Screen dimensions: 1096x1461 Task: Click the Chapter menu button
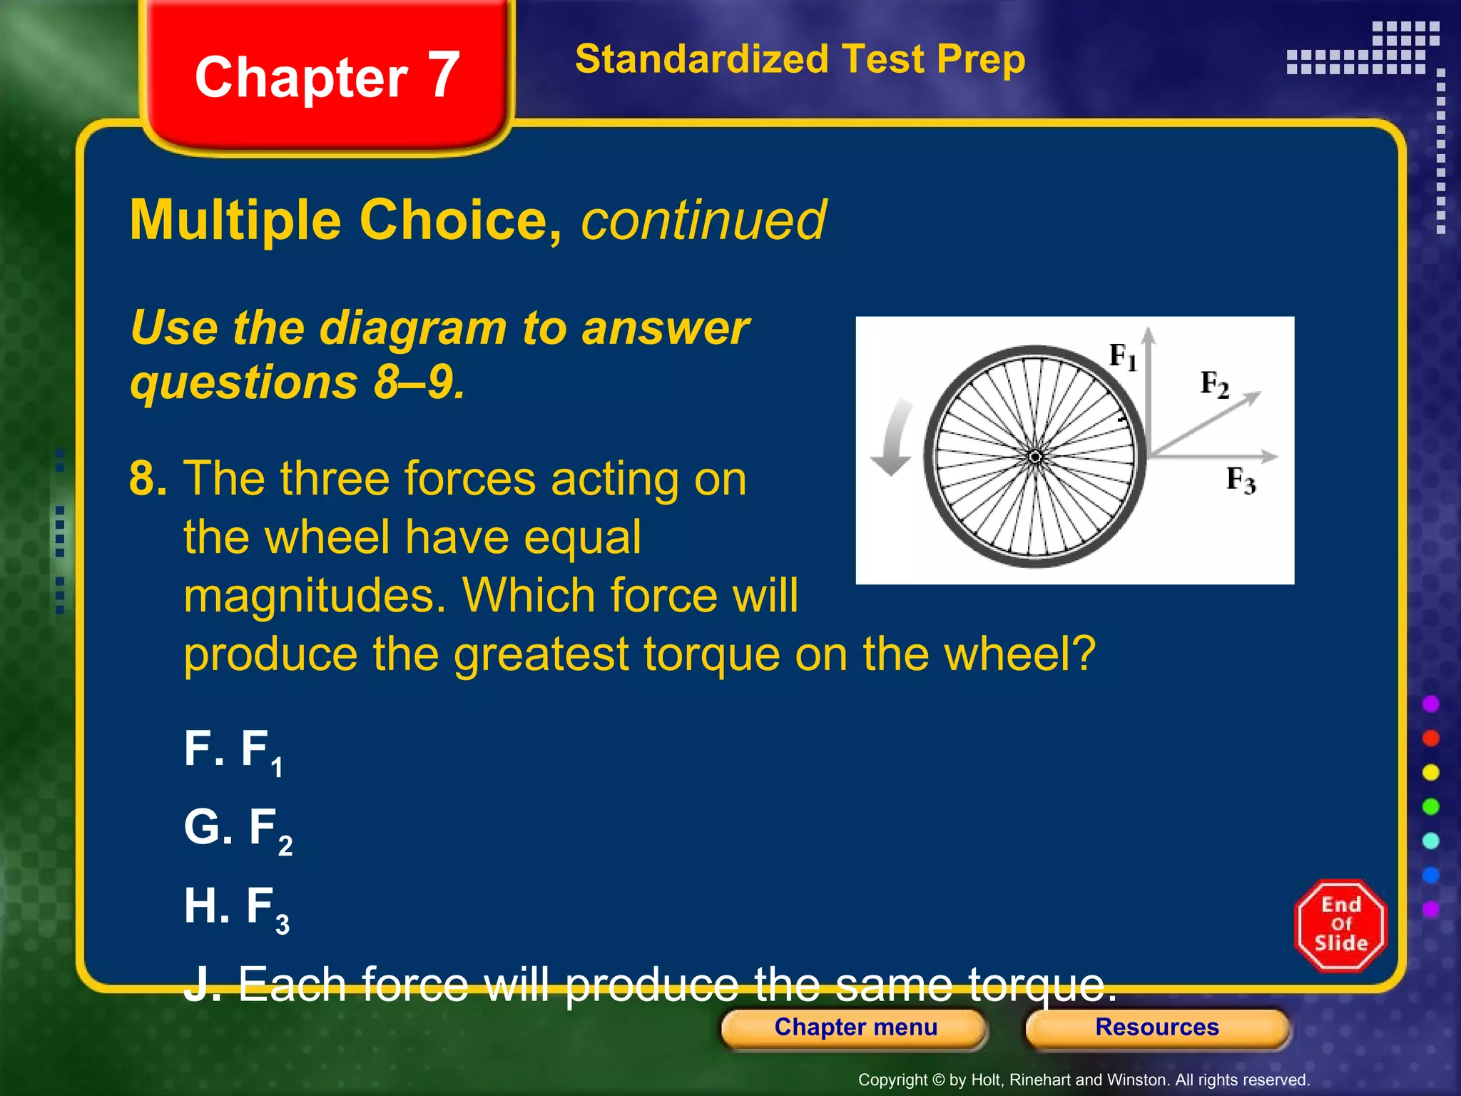coord(855,1027)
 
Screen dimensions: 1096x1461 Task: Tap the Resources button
coord(1156,1027)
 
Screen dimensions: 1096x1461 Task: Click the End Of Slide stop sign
coord(1340,925)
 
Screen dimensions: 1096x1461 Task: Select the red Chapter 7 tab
coord(327,76)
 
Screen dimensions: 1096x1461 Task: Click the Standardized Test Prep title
coord(800,59)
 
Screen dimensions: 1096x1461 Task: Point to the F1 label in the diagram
coord(1122,356)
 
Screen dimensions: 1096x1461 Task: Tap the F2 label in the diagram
coord(1214,384)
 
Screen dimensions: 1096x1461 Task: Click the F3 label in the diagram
coord(1241,479)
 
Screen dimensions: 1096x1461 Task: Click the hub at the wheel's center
coord(1035,457)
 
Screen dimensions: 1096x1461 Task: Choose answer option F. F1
coord(233,751)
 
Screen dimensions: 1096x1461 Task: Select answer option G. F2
coord(238,829)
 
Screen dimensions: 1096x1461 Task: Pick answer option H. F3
coord(236,908)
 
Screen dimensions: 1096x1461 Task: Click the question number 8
coord(147,478)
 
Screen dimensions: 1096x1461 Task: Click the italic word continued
coord(703,220)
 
